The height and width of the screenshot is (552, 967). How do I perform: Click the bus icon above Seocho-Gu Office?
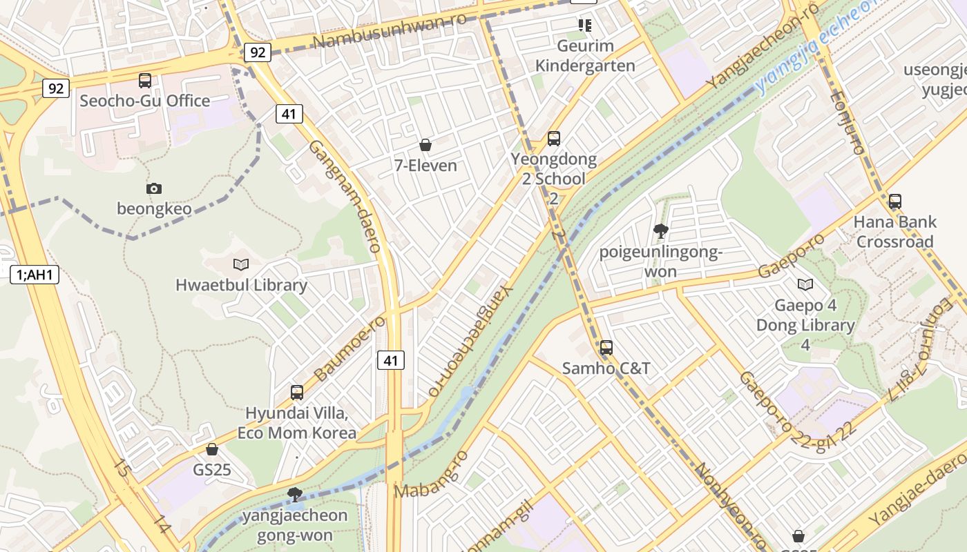click(145, 81)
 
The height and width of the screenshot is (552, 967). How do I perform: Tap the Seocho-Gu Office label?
click(145, 101)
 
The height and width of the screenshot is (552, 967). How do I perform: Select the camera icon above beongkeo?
click(154, 188)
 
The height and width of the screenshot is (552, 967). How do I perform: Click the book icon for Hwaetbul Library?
click(241, 264)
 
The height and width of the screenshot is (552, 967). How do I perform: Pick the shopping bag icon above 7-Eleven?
click(425, 145)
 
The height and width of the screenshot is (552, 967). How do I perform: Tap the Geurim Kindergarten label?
click(585, 56)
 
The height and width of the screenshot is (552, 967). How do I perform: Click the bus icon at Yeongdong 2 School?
click(554, 139)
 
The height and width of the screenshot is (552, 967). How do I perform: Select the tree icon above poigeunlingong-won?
click(660, 231)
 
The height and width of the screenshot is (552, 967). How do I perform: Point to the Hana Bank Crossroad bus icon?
click(895, 201)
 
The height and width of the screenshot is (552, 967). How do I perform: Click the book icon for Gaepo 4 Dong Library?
click(805, 284)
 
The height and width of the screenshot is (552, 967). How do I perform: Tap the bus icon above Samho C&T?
click(606, 348)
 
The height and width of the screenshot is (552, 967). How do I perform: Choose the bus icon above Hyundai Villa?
click(297, 393)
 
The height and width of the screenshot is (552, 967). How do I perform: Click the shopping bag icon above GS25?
click(212, 450)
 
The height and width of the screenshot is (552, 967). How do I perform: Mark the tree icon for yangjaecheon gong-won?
click(295, 494)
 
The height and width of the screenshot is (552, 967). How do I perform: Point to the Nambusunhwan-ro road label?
click(389, 31)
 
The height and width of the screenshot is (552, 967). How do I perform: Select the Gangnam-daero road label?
click(345, 196)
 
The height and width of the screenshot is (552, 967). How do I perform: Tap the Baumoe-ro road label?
click(350, 349)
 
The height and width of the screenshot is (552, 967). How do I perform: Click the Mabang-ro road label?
click(431, 475)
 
